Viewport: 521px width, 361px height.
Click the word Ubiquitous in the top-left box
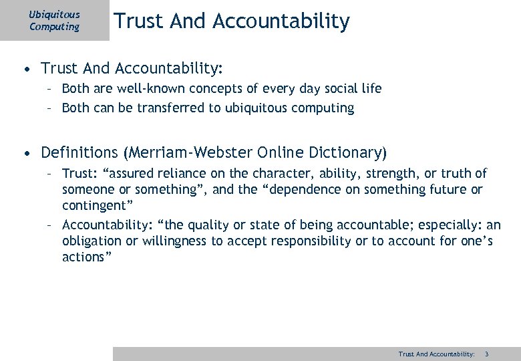pos(54,15)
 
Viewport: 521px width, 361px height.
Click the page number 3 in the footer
pos(487,354)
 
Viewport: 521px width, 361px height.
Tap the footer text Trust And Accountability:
pos(436,354)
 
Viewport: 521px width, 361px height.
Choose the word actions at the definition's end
pos(83,257)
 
